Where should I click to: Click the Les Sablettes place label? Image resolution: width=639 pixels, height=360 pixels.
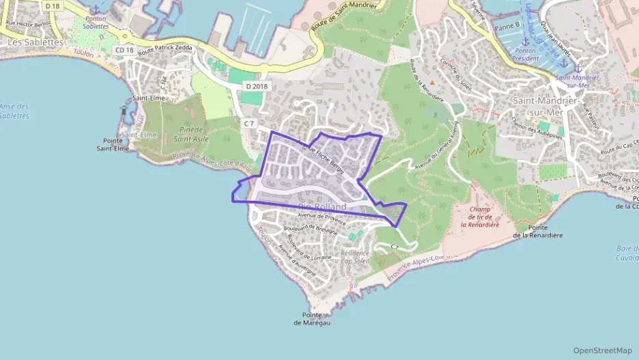point(35,42)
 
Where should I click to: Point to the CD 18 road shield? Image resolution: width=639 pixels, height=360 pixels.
point(124,50)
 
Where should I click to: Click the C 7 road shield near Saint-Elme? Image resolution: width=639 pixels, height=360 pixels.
point(248,124)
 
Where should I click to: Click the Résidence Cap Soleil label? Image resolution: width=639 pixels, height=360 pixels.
point(354,255)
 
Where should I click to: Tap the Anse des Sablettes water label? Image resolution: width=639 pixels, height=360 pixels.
point(14,111)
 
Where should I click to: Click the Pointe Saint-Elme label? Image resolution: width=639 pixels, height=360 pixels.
point(113,143)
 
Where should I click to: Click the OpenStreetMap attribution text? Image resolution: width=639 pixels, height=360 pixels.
point(602,350)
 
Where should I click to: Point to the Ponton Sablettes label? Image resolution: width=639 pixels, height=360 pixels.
point(96,22)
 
